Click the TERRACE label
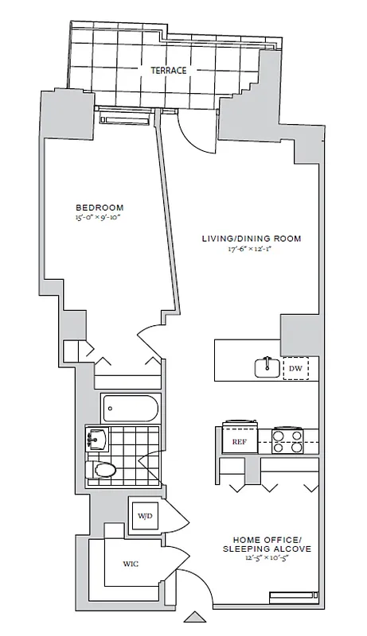click(x=169, y=71)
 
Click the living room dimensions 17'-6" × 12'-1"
click(x=252, y=248)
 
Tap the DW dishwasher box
click(x=295, y=368)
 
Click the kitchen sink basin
click(x=265, y=367)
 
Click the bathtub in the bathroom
click(x=131, y=409)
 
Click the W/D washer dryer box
click(x=145, y=515)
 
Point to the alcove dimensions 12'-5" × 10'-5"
click(x=267, y=559)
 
